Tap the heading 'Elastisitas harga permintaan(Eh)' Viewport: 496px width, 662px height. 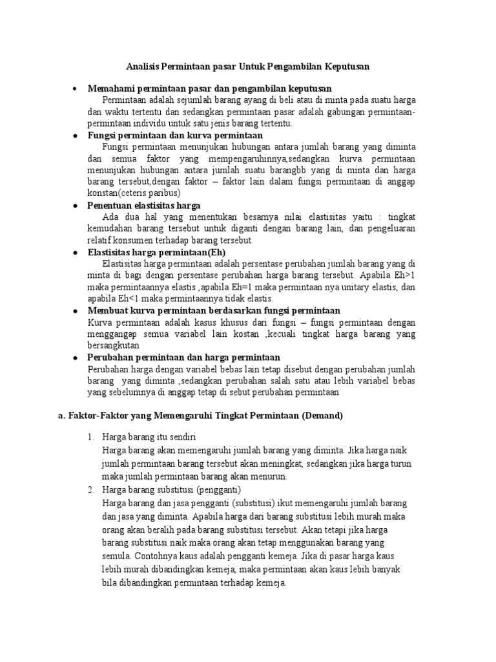click(152, 252)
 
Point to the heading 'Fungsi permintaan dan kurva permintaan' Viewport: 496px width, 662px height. click(175, 135)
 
